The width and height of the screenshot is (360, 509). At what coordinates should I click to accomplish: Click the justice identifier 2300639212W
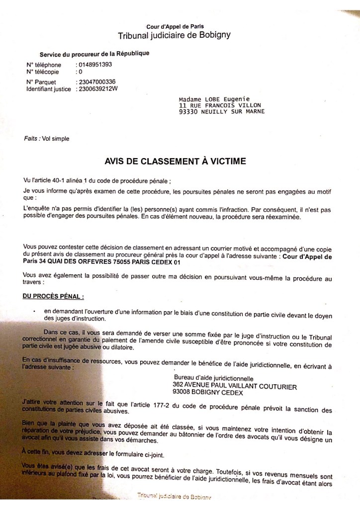click(98, 89)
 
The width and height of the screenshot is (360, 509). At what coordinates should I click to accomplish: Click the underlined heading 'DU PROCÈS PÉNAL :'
click(54, 297)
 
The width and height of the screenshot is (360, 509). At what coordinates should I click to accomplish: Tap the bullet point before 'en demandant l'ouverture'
click(34, 312)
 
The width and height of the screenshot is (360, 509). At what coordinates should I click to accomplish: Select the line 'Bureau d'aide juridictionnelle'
click(211, 377)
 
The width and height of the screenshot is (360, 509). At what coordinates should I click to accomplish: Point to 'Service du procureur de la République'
click(94, 53)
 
